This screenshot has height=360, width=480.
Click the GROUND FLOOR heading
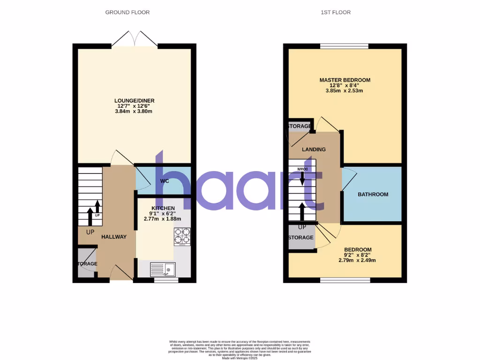pyautogui.click(x=127, y=12)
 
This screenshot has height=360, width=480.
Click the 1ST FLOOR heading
pyautogui.click(x=335, y=12)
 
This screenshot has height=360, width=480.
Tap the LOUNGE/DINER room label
pyautogui.click(x=135, y=101)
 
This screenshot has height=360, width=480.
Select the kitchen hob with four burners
pyautogui.click(x=182, y=237)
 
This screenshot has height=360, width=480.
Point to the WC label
pyautogui.click(x=165, y=181)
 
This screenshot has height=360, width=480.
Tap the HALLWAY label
pyautogui.click(x=114, y=237)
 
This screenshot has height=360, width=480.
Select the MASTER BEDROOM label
pyautogui.click(x=345, y=80)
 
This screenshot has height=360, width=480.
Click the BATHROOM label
pyautogui.click(x=373, y=195)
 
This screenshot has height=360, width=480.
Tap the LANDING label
pyautogui.click(x=314, y=150)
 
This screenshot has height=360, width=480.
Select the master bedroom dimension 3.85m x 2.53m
pyautogui.click(x=345, y=90)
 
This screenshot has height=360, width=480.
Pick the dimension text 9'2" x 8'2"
pyautogui.click(x=358, y=255)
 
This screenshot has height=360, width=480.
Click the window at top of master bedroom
pyautogui.click(x=345, y=46)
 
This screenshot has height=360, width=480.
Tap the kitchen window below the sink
pyautogui.click(x=166, y=280)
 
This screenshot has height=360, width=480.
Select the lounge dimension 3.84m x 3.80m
pyautogui.click(x=135, y=111)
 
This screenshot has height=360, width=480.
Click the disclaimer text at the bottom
pyautogui.click(x=240, y=349)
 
